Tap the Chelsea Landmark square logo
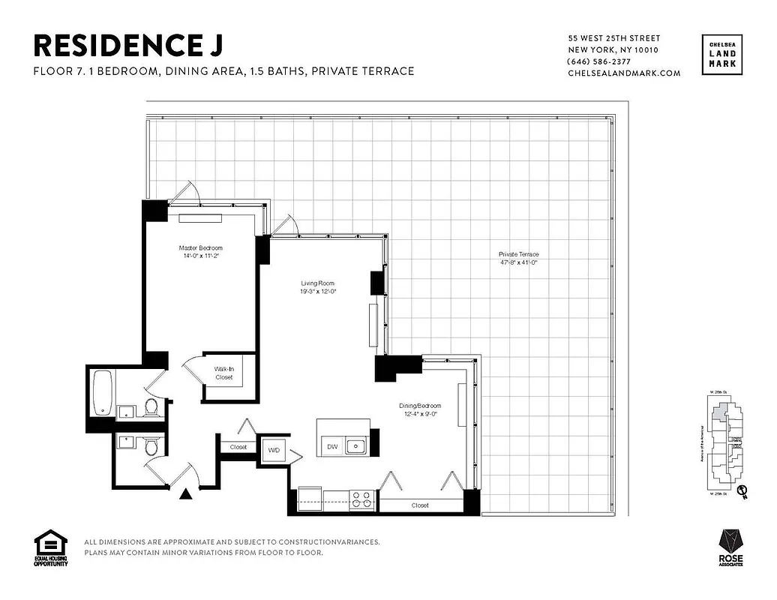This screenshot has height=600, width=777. coord(723,55)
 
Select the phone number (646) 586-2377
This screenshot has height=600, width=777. coord(599,61)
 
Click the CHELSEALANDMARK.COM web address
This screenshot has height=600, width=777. coord(624,73)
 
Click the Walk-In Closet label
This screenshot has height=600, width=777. coord(223,373)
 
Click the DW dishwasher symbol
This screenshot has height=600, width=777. coord(331,447)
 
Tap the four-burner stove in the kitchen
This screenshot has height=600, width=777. coord(362,499)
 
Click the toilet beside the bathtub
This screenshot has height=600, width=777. coord(151,407)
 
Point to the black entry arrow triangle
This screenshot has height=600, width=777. coord(186,493)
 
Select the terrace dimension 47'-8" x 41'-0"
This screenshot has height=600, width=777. coord(519,262)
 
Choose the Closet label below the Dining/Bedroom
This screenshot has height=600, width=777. coord(420,505)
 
